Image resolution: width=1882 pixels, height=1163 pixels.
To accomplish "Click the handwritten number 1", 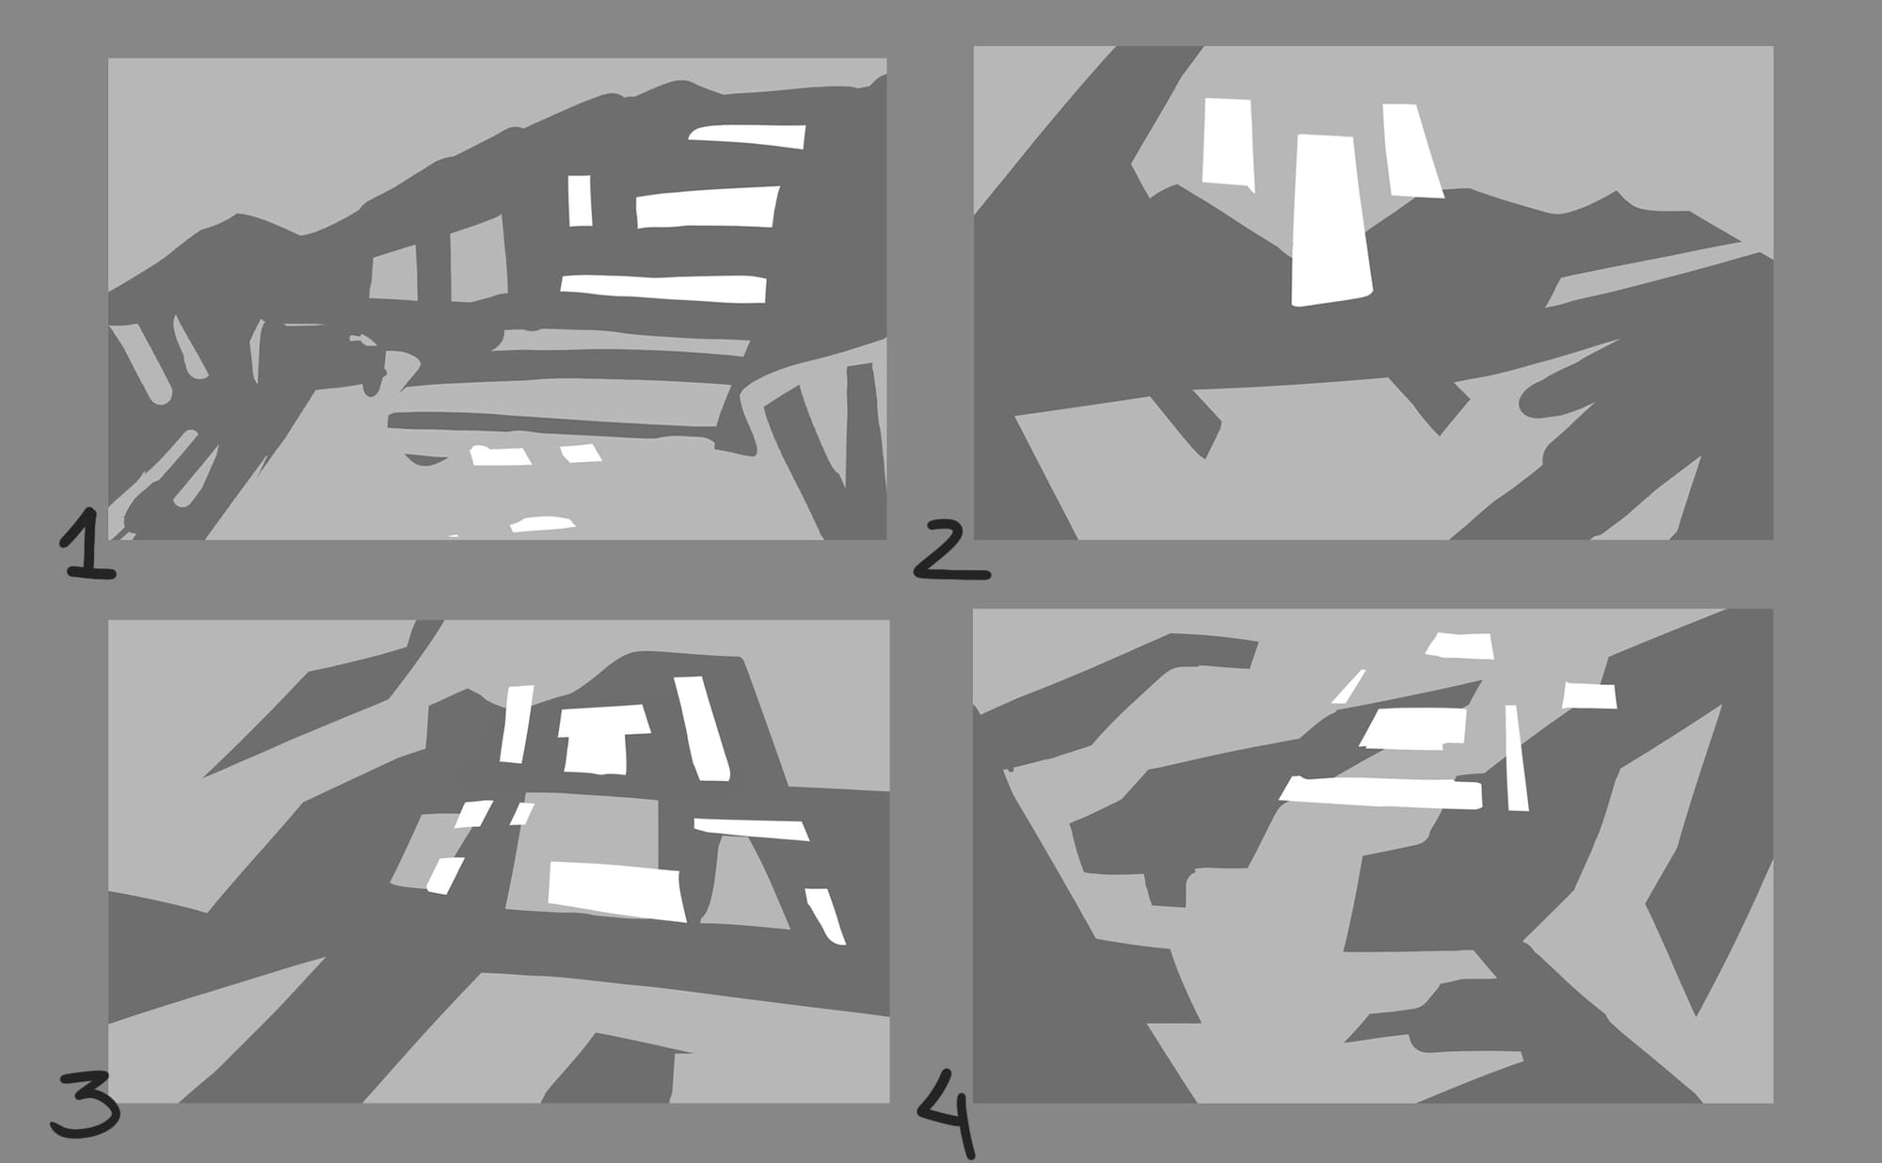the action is pos(88,543).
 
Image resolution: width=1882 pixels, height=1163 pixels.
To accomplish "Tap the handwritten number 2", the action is pos(950,550).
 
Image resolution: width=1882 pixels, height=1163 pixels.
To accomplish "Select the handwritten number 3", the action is pos(86,1103).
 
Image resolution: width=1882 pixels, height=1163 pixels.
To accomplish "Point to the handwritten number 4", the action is pos(947,1111).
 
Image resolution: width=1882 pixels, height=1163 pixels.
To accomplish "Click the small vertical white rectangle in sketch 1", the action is pos(580,200).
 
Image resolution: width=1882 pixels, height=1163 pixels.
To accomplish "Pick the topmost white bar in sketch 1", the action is pos(748,136).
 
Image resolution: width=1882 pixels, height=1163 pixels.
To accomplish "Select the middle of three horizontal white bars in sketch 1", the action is pos(708,207).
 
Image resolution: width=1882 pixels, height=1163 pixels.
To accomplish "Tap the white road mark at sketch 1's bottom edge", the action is pos(542,524).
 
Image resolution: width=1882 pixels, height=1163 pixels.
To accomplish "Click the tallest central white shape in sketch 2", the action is pos(1330,219).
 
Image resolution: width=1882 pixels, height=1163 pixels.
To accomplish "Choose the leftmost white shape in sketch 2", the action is pos(1228,142).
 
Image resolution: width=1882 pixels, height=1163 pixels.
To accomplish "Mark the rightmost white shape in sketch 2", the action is pos(1412,151).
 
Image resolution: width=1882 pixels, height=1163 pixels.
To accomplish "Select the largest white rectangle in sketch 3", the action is pos(616,891).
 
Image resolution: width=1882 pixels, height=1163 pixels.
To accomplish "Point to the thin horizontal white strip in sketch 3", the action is pos(751,829).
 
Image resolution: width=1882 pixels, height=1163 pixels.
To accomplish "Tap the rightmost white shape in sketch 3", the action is pos(825,916).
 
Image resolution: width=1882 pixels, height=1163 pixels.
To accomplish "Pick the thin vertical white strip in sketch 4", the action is pos(1516,757).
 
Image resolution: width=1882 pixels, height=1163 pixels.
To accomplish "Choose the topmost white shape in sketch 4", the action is pos(1459,645).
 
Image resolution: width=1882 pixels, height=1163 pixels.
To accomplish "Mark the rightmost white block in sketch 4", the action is pos(1589,695).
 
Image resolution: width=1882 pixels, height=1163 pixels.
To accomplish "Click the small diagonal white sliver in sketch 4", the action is pos(1348,686).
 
